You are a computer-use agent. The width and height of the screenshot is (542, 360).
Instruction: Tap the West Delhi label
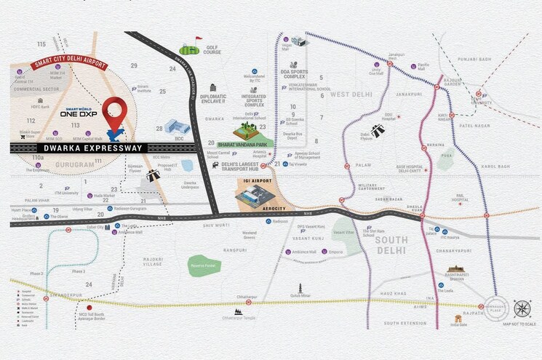pos(352,94)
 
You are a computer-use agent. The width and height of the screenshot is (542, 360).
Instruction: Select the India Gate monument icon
pos(458,319)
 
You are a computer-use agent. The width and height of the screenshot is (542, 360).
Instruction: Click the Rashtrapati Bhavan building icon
pos(456,270)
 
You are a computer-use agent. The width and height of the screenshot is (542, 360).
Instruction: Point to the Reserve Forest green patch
pos(204,265)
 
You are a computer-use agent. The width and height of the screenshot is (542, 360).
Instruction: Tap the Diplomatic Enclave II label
pos(213,100)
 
